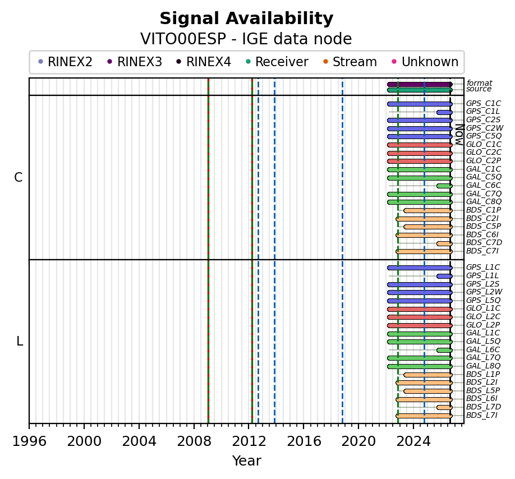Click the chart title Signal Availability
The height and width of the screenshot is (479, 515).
246,19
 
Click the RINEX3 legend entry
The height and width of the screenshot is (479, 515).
135,62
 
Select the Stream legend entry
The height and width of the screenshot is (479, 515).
350,62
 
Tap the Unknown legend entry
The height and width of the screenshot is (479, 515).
425,62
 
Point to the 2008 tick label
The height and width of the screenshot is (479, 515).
194,441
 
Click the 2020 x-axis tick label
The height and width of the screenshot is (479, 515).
358,441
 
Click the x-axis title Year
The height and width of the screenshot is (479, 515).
247,461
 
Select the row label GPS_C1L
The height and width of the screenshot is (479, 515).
482,112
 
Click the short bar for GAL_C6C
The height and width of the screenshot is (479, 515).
444,186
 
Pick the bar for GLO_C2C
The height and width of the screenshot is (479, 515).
420,153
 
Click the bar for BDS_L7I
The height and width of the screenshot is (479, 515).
424,416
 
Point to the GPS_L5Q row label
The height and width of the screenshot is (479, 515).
484,300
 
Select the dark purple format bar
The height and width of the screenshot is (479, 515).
420,84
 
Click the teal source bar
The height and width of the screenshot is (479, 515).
420,90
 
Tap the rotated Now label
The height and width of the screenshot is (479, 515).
460,135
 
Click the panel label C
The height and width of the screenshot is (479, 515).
19,177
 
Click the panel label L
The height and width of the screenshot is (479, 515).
20,342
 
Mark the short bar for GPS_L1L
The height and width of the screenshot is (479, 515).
444,277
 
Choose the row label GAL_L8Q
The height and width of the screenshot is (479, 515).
484,366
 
